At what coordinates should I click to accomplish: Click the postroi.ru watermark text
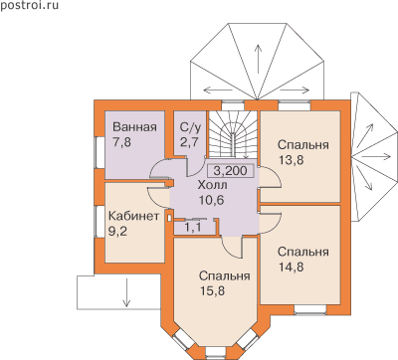pyautogui.click(x=29, y=6)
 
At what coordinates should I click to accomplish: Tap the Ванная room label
pyautogui.click(x=134, y=127)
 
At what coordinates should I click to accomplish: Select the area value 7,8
pyautogui.click(x=122, y=142)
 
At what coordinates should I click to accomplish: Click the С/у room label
pyautogui.click(x=190, y=127)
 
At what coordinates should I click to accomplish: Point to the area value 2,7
pyautogui.click(x=189, y=142)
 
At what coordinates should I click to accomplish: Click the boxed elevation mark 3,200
pyautogui.click(x=230, y=171)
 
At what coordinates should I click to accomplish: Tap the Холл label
pyautogui.click(x=212, y=185)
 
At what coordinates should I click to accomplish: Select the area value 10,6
pyautogui.click(x=211, y=200)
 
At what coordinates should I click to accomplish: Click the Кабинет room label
pyautogui.click(x=134, y=216)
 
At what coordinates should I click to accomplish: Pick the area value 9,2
pyautogui.click(x=117, y=231)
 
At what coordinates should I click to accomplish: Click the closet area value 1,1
pyautogui.click(x=192, y=227)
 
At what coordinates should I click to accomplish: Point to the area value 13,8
pyautogui.click(x=291, y=160)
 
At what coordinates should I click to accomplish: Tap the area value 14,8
pyautogui.click(x=291, y=267)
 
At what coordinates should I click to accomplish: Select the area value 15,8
pyautogui.click(x=212, y=290)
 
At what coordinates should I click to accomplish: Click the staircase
pyautogui.click(x=233, y=134)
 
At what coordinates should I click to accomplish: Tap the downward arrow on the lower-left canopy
pyautogui.click(x=126, y=292)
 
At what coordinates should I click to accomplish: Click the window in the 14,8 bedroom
pyautogui.click(x=310, y=309)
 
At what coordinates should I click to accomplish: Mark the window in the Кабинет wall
pyautogui.click(x=99, y=222)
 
